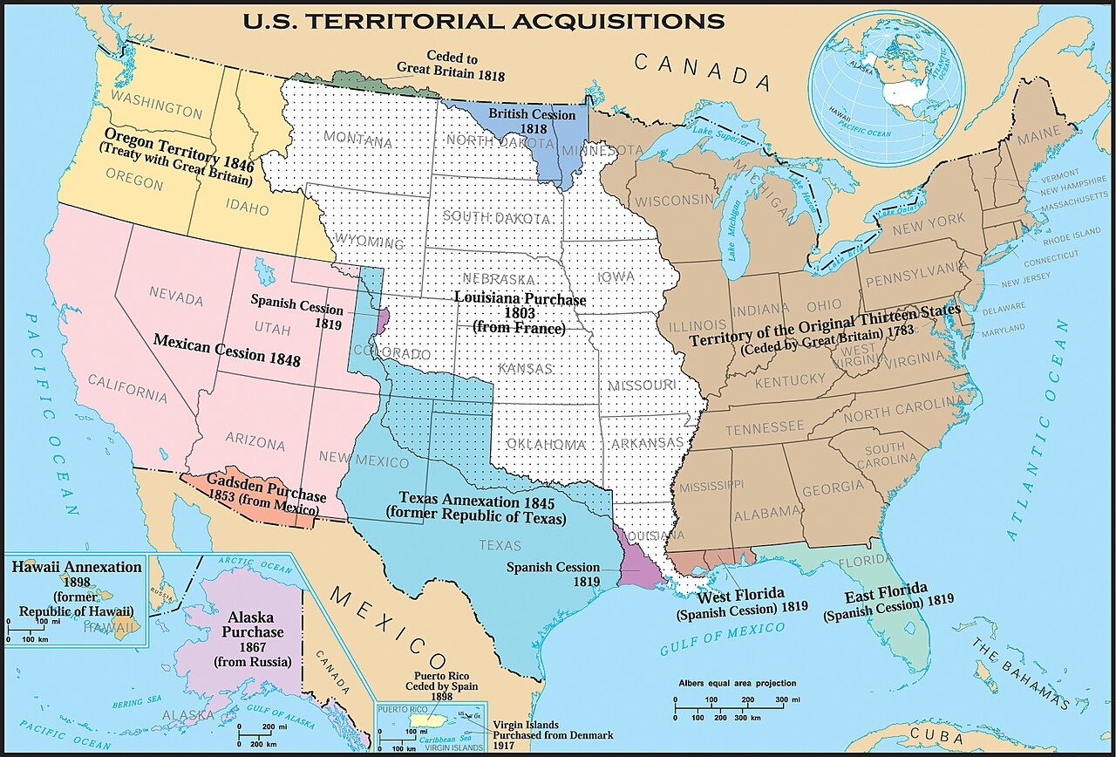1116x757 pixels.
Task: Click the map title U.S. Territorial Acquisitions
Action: [483, 20]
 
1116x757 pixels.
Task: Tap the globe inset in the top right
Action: [886, 88]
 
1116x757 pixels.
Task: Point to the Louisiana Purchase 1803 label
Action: [520, 312]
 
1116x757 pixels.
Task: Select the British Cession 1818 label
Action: [532, 121]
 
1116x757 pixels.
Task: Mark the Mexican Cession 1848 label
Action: [227, 349]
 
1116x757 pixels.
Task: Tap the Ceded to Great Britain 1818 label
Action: [451, 65]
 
